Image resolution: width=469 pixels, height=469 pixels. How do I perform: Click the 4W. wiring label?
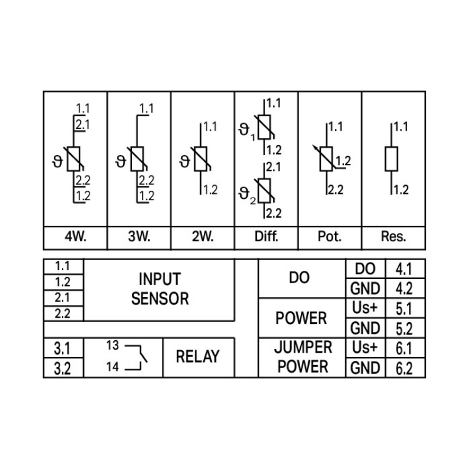pyautogui.click(x=75, y=237)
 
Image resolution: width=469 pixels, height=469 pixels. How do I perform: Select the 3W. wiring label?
pyautogui.click(x=139, y=237)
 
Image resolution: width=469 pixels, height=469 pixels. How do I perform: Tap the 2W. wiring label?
pyautogui.click(x=203, y=237)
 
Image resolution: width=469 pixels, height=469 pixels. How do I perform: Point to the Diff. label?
pyautogui.click(x=266, y=237)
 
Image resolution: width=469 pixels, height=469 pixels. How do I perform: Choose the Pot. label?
pyautogui.click(x=330, y=237)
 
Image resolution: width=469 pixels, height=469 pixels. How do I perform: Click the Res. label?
pyautogui.click(x=393, y=237)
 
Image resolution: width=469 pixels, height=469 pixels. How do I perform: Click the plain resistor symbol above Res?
pyautogui.click(x=392, y=158)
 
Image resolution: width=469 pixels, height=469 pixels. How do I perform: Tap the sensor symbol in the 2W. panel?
pyautogui.click(x=201, y=159)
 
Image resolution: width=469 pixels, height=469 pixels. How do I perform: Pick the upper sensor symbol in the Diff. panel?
pyautogui.click(x=265, y=127)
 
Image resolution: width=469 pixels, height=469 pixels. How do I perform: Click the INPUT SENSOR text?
pyautogui.click(x=159, y=288)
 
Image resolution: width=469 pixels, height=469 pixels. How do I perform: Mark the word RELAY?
pyautogui.click(x=198, y=357)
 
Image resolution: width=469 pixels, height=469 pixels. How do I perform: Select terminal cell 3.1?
pyautogui.click(x=63, y=348)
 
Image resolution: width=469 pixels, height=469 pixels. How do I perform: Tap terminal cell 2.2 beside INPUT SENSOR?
pyautogui.click(x=63, y=314)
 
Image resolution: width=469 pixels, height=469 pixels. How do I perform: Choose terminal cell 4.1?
pyautogui.click(x=405, y=269)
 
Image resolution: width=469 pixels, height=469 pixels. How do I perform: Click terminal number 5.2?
pyautogui.click(x=405, y=328)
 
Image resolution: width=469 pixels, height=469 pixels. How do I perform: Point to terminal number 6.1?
pyautogui.click(x=405, y=348)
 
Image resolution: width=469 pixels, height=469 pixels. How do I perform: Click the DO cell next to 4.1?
pyautogui.click(x=365, y=269)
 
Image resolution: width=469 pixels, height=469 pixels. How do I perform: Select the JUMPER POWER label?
pyautogui.click(x=303, y=356)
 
